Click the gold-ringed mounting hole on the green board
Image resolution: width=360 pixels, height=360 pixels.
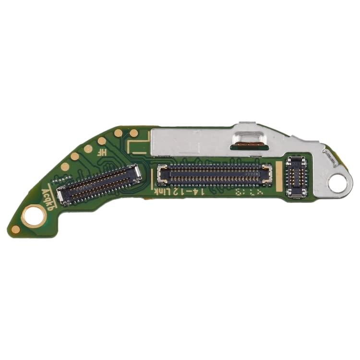(x=34, y=214)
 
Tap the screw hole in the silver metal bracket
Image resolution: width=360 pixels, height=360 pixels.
(x=340, y=182)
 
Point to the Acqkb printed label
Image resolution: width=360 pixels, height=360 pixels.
(x=48, y=197)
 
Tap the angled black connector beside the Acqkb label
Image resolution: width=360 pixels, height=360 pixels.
(x=99, y=182)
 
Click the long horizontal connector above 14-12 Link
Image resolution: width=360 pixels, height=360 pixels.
(x=215, y=174)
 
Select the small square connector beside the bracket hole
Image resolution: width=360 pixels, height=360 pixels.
(x=296, y=176)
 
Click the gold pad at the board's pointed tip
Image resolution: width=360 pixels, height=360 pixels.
(x=16, y=229)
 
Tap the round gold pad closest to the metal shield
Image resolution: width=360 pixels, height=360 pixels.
(x=134, y=133)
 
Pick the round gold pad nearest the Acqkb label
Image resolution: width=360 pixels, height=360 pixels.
(x=65, y=167)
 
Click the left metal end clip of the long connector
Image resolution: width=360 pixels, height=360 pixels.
(x=162, y=174)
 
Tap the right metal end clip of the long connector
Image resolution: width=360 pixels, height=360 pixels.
(x=266, y=174)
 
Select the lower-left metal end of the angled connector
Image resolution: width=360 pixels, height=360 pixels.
(x=61, y=194)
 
